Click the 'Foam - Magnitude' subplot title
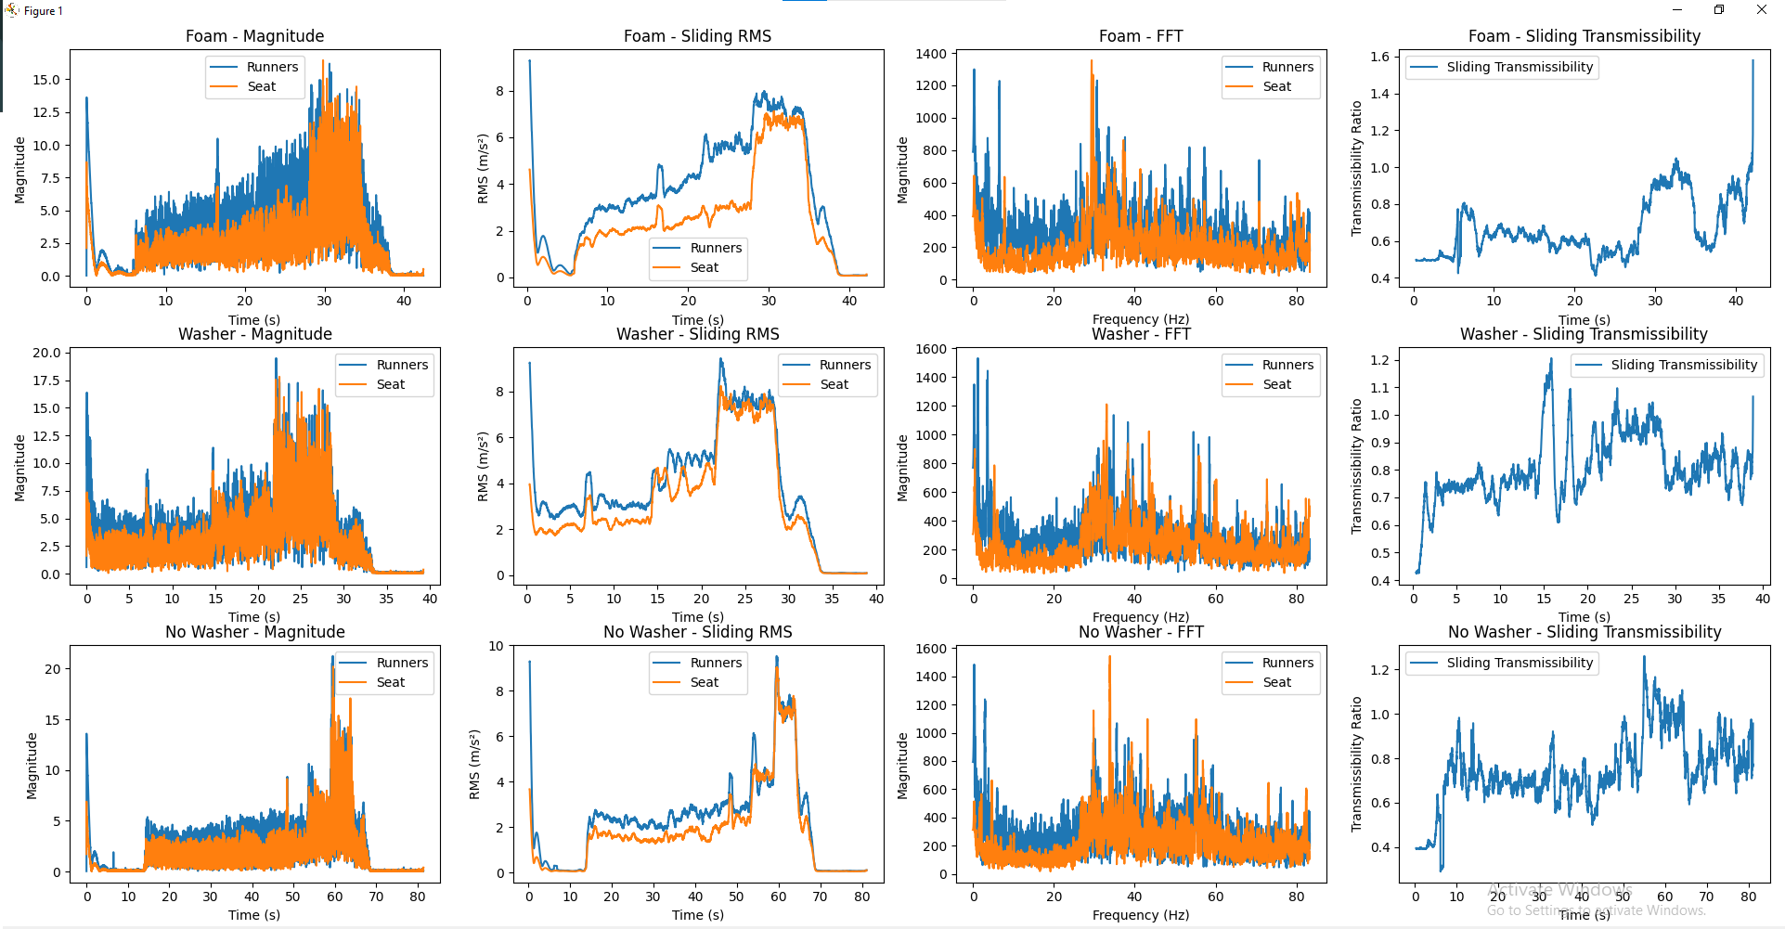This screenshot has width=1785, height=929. (254, 36)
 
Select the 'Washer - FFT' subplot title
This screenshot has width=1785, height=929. (1141, 334)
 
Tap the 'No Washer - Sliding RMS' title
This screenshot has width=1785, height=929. (697, 632)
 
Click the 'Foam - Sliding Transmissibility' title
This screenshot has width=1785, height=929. (1584, 36)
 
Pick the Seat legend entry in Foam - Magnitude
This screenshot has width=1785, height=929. (261, 86)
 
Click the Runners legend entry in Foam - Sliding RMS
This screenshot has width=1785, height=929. (715, 248)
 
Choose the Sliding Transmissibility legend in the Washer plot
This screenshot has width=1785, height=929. (1683, 365)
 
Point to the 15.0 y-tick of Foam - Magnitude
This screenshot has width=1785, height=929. (46, 80)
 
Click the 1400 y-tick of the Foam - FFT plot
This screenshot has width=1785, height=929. (931, 54)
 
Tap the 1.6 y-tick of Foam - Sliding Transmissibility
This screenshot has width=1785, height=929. (1379, 57)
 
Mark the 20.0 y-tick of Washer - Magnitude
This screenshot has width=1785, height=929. (46, 353)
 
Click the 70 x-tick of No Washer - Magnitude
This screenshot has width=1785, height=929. (376, 897)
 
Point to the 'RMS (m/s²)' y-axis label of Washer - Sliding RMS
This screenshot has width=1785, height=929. (482, 467)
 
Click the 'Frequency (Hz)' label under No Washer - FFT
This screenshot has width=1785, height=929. (1141, 915)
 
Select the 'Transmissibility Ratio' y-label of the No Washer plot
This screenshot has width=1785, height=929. (1356, 764)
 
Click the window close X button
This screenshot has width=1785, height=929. (1761, 10)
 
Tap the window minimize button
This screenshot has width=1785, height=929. (1676, 10)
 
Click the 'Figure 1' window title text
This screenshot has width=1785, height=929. (44, 11)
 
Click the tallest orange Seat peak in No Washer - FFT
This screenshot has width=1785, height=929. (1109, 658)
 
